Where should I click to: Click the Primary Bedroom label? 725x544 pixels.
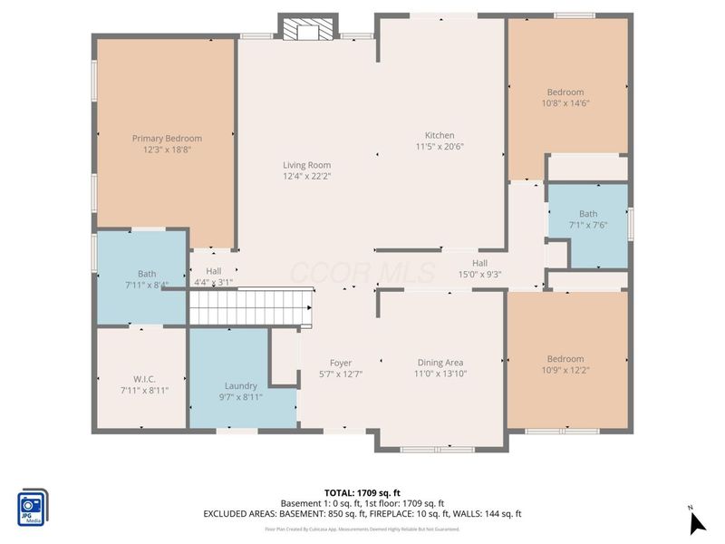(x=167, y=139)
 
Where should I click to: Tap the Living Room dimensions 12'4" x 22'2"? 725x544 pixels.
(x=306, y=177)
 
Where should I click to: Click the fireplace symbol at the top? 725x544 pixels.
(x=307, y=31)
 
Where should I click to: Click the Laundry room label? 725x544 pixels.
(x=240, y=385)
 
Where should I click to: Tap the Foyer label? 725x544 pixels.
(x=340, y=363)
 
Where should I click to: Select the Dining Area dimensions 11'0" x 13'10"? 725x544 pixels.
(x=440, y=374)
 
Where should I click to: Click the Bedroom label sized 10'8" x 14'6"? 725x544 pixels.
(x=565, y=92)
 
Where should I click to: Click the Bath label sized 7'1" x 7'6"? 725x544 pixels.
(x=588, y=214)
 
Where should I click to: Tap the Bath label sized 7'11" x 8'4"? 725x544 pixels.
(x=147, y=273)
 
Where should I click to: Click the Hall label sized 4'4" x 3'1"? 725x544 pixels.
(x=213, y=271)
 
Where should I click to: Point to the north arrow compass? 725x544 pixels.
(x=695, y=520)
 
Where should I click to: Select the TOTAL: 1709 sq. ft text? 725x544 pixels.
(x=362, y=492)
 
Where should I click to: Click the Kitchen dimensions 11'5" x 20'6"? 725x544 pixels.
(x=440, y=147)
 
